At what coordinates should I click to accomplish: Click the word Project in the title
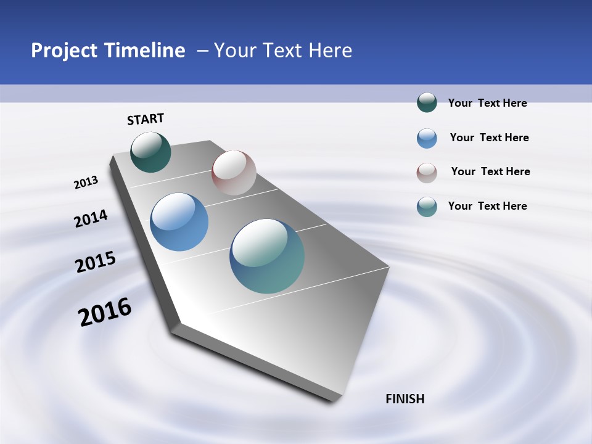(x=65, y=51)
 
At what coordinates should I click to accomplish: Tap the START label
(x=146, y=119)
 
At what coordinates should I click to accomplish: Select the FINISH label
(x=405, y=399)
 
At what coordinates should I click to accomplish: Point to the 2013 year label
(x=86, y=183)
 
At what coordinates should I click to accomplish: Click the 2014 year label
(x=91, y=219)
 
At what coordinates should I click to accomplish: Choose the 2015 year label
(x=96, y=262)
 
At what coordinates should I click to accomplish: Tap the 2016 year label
(x=105, y=312)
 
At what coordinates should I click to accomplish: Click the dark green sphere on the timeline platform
(x=150, y=152)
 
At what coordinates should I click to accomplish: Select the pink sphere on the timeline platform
(x=234, y=173)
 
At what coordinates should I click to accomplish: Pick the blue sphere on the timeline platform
(x=179, y=222)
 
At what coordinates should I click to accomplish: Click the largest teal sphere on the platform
(x=267, y=256)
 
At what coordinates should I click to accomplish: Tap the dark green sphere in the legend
(x=427, y=103)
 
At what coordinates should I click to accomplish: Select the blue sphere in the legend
(x=427, y=138)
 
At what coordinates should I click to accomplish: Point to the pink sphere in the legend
(x=427, y=173)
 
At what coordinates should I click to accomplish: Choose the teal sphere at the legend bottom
(x=427, y=207)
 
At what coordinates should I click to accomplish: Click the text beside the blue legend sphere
(x=489, y=138)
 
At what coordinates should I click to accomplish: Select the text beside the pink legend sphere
(x=490, y=171)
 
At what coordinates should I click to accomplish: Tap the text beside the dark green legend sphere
(x=487, y=103)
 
